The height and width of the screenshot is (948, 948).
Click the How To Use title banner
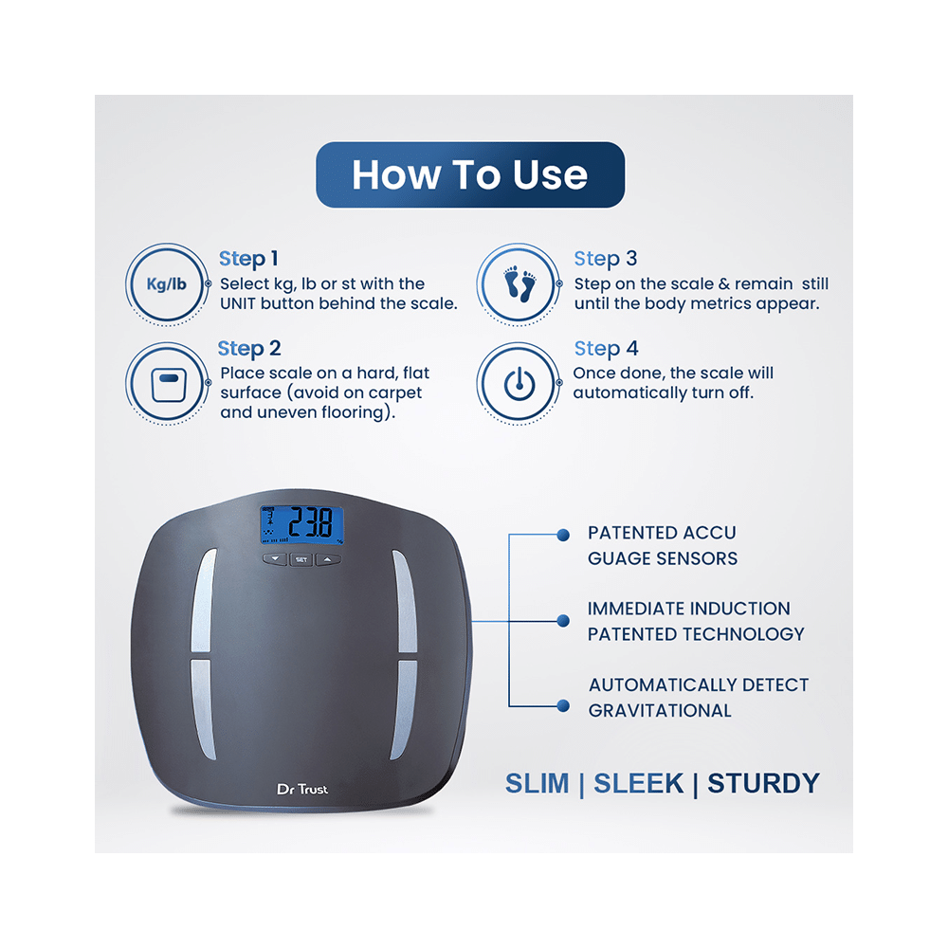(470, 174)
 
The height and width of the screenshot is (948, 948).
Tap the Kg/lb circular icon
(167, 284)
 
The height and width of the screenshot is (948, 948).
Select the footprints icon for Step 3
(519, 284)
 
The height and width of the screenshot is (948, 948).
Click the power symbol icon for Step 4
(519, 383)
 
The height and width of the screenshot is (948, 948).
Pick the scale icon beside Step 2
(168, 383)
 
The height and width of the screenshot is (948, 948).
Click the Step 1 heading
(247, 259)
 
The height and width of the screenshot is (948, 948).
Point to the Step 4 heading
(606, 348)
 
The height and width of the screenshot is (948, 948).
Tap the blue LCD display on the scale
(301, 524)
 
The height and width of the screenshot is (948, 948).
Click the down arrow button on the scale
(275, 559)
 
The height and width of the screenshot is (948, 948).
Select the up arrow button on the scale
(328, 559)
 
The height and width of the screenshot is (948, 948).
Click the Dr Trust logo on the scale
(302, 789)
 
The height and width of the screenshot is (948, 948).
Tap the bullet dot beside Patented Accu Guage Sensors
(563, 535)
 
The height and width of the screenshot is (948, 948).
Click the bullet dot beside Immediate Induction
(563, 621)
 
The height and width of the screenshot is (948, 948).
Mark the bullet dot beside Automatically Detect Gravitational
(563, 705)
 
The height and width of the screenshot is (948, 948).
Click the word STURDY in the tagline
(763, 784)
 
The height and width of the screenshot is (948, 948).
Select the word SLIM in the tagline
(537, 784)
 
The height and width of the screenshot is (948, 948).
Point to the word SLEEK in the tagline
(638, 784)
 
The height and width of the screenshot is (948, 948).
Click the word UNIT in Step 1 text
(238, 303)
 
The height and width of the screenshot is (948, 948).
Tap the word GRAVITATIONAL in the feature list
(660, 710)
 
